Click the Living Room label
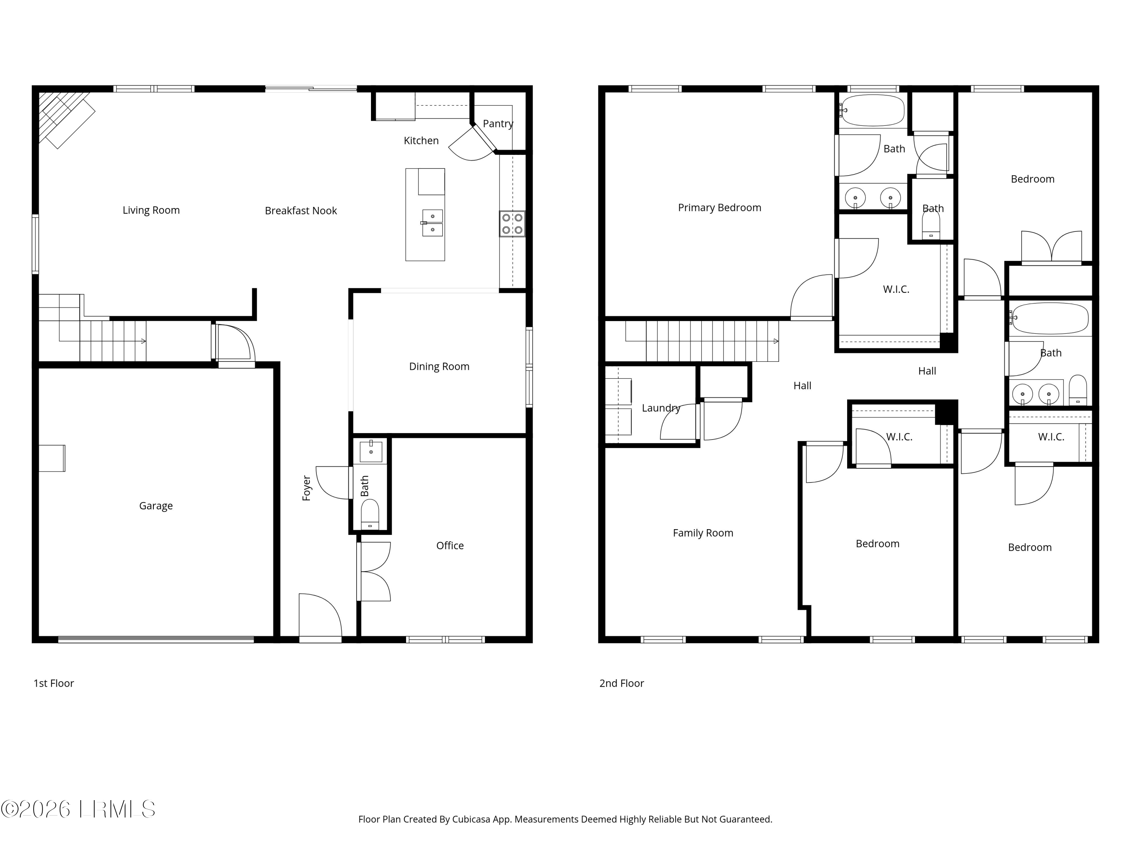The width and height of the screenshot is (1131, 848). point(151,210)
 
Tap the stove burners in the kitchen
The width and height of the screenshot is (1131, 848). point(512,223)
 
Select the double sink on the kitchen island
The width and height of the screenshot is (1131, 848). point(432,223)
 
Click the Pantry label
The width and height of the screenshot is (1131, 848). point(498,124)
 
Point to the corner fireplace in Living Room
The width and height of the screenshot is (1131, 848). point(64,119)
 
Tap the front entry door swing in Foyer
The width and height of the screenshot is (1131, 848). point(320,616)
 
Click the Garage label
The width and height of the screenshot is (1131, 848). point(156,505)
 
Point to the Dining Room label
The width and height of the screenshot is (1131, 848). point(439,366)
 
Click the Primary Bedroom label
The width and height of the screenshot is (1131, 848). point(719,208)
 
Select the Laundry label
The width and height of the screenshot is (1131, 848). point(661,408)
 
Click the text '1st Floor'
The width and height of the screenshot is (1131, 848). point(54,683)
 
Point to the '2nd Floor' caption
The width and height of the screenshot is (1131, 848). point(621,683)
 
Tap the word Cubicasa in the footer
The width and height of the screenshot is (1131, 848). point(471,819)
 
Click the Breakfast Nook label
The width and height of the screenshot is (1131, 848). point(300,211)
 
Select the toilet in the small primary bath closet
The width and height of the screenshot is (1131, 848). point(930,225)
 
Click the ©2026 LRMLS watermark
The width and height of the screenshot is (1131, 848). point(78,809)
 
